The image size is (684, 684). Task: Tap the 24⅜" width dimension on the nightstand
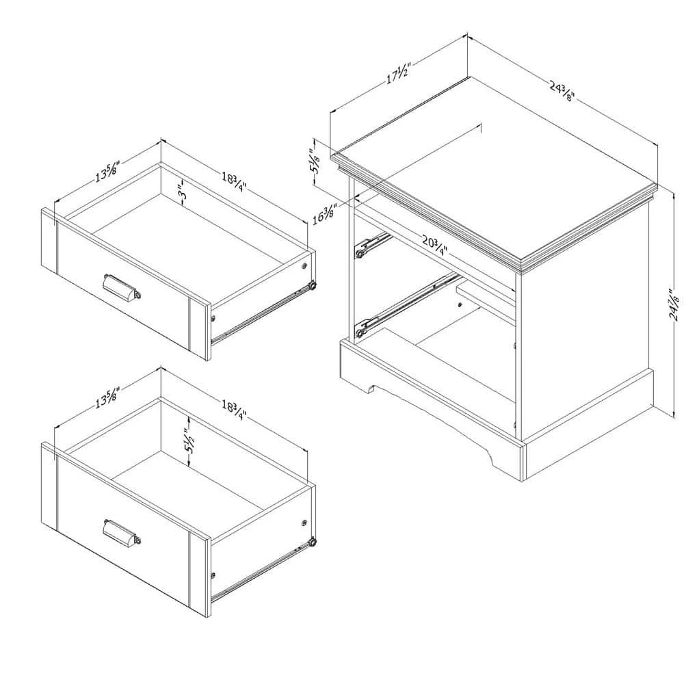pyautogui.click(x=561, y=89)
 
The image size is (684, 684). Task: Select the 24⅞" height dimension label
pyautogui.click(x=674, y=306)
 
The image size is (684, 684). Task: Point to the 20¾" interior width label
pyautogui.click(x=434, y=244)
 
